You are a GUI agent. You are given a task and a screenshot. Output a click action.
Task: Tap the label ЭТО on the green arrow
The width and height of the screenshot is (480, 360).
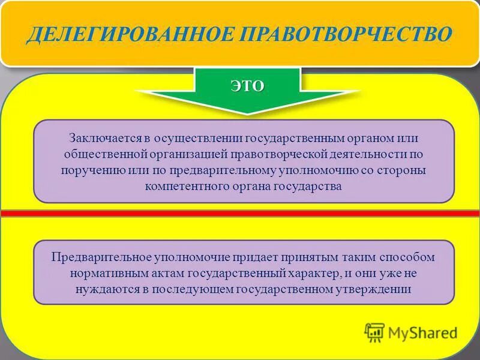click(247, 86)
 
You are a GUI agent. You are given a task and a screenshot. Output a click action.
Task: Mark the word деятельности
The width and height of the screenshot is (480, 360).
click(358, 154)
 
